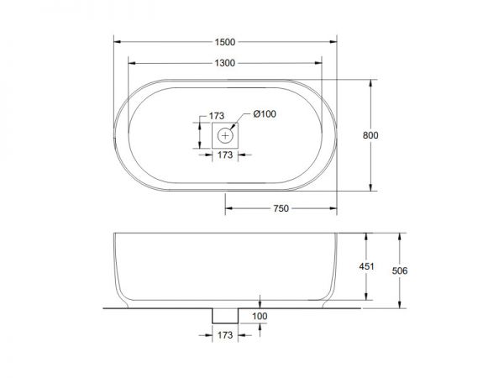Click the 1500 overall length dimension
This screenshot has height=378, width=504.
pyautogui.click(x=225, y=42)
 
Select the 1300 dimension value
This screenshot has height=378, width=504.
pyautogui.click(x=225, y=63)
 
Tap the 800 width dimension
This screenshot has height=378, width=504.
pyautogui.click(x=370, y=135)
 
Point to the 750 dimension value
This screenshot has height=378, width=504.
pyautogui.click(x=281, y=208)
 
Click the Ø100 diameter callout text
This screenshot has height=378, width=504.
pyautogui.click(x=265, y=113)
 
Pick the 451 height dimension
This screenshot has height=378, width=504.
pyautogui.click(x=366, y=266)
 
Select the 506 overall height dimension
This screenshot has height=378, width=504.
pyautogui.click(x=400, y=271)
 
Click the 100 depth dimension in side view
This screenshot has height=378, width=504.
pyautogui.click(x=260, y=317)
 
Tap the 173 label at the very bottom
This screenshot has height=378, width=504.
pyautogui.click(x=225, y=335)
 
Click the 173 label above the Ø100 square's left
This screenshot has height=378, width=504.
pyautogui.click(x=217, y=116)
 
